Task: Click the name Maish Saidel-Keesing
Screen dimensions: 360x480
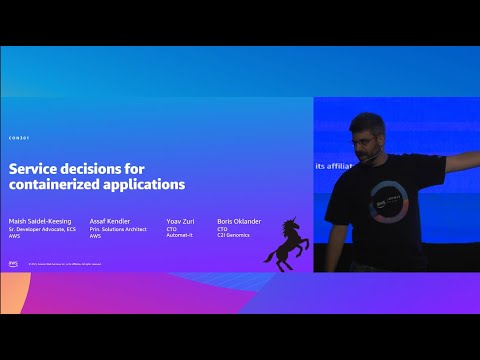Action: [40, 222]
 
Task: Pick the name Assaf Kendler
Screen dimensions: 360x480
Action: [110, 222]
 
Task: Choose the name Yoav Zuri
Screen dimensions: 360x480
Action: [180, 222]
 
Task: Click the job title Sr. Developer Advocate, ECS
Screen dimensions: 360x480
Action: [43, 229]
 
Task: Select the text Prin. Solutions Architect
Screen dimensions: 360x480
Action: [118, 229]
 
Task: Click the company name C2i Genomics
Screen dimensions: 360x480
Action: [233, 235]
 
